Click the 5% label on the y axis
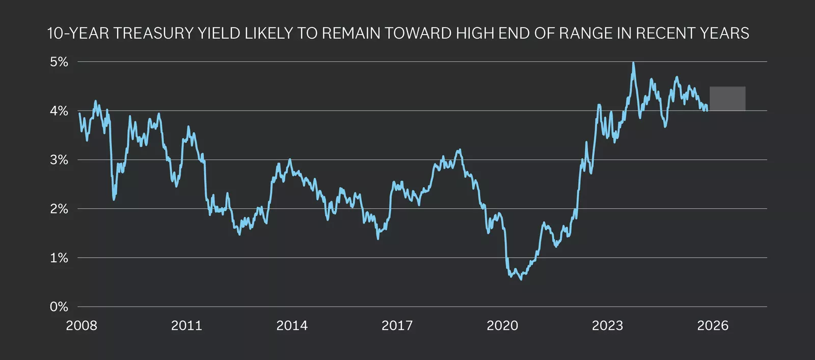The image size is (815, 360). coord(59,62)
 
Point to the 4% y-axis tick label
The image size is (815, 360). coord(59,111)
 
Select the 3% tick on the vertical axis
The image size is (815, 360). coord(59,160)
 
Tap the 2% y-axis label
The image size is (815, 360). coord(59,209)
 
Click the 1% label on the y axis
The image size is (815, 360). coord(59,258)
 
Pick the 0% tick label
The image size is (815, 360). coord(59,307)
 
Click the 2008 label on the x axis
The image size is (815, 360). coord(81,326)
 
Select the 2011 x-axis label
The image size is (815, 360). coord(186,326)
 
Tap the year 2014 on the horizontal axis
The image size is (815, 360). coord(292,326)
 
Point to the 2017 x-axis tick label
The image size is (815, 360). coord(397,326)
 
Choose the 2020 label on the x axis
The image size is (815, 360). coord(502,326)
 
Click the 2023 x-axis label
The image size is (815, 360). coord(607,326)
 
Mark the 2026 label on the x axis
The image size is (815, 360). coord(713,326)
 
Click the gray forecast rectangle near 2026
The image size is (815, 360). coord(727,99)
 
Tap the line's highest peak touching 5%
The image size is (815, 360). coord(633,63)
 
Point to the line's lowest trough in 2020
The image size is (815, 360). coord(521,279)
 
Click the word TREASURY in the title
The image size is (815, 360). coord(152,34)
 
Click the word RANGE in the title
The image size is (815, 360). coord(588,34)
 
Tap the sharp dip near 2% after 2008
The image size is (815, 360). coord(114,199)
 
